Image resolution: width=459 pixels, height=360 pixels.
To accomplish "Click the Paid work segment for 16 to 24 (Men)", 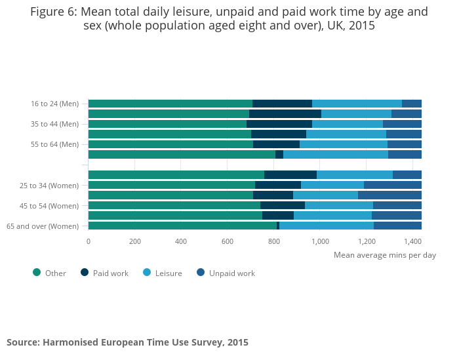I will click(x=282, y=104).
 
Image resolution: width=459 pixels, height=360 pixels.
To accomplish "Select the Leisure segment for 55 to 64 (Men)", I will click(x=343, y=144).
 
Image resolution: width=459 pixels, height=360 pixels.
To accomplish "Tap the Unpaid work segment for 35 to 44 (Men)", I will click(x=402, y=124).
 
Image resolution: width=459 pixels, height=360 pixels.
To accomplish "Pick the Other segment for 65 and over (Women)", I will click(x=182, y=226).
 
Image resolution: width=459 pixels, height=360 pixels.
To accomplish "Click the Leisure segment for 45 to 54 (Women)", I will click(x=338, y=205).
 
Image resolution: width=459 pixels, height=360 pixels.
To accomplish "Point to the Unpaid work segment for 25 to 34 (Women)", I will click(x=392, y=185).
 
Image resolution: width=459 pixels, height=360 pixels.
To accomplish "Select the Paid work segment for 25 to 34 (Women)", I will click(x=277, y=185).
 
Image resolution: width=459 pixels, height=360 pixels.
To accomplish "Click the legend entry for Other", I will click(x=50, y=273).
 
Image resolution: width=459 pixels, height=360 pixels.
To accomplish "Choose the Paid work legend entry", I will click(x=105, y=273).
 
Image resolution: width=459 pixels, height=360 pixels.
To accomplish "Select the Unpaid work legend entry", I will click(x=226, y=273).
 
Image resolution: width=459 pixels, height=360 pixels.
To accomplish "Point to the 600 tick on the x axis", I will click(x=228, y=241).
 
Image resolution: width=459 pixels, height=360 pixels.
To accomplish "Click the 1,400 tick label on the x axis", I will click(x=412, y=241).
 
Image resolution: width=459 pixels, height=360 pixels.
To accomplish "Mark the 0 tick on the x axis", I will click(x=89, y=241).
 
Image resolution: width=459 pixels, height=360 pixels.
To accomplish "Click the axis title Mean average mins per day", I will click(x=384, y=255).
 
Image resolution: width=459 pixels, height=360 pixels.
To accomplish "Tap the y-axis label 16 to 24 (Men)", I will click(x=55, y=104).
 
